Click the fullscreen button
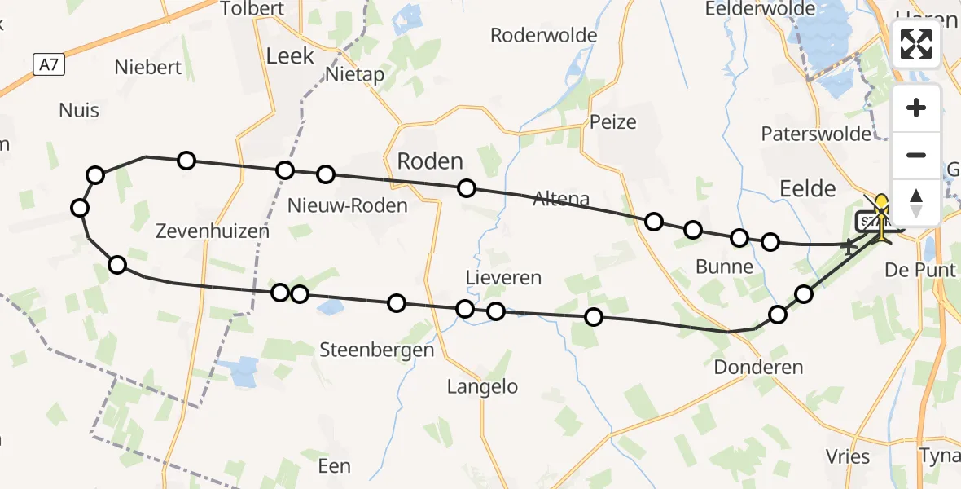pyautogui.click(x=916, y=44)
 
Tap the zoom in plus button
pyautogui.click(x=916, y=108)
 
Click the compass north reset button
pyautogui.click(x=916, y=203)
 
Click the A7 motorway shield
pyautogui.click(x=49, y=64)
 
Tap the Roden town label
pyautogui.click(x=429, y=161)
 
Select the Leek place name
pyautogui.click(x=290, y=56)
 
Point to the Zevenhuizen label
pyautogui.click(x=212, y=231)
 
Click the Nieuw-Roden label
pyautogui.click(x=347, y=205)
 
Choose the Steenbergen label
pyautogui.click(x=376, y=350)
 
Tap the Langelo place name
pyautogui.click(x=482, y=386)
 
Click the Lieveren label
pyautogui.click(x=503, y=278)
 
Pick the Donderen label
pyautogui.click(x=758, y=368)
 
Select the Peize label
pyautogui.click(x=613, y=122)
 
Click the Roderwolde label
pyautogui.click(x=543, y=35)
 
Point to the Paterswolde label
pyautogui.click(x=816, y=134)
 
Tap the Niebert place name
pyautogui.click(x=147, y=68)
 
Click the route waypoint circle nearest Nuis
pyautogui.click(x=95, y=175)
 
